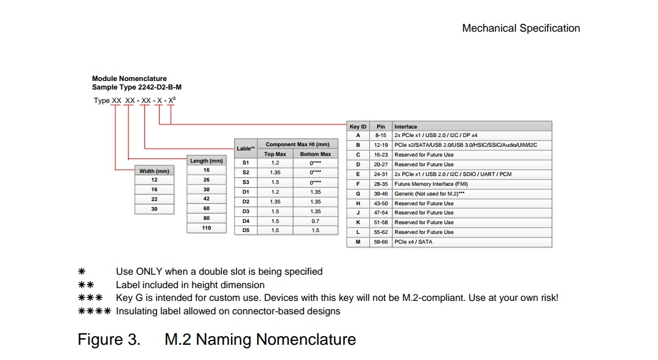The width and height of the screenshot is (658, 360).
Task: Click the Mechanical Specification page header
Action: tap(521, 28)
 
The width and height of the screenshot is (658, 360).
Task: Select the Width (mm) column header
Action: tap(154, 171)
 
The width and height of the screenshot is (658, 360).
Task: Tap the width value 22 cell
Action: tap(154, 199)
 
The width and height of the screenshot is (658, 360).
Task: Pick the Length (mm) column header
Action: tap(207, 161)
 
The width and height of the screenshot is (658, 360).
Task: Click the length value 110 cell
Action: tap(207, 228)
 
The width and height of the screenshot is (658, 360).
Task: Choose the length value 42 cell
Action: tap(207, 199)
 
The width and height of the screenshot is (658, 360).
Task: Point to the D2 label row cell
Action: tap(246, 202)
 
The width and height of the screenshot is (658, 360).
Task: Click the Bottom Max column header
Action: tap(315, 154)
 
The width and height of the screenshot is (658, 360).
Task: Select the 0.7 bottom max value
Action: tap(315, 221)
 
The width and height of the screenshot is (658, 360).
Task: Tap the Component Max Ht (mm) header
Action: tap(297, 144)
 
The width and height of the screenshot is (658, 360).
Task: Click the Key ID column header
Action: tap(358, 127)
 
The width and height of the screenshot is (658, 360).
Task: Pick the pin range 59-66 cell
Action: tap(381, 242)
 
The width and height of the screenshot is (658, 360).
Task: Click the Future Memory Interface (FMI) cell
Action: tap(430, 184)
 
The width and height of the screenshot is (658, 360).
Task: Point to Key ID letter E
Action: tap(358, 174)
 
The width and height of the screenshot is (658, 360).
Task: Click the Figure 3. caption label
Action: tap(109, 339)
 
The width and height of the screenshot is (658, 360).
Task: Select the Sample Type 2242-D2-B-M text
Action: tap(136, 87)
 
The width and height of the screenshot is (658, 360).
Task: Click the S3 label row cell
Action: tap(246, 182)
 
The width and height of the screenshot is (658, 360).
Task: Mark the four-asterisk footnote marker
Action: tap(94, 311)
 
